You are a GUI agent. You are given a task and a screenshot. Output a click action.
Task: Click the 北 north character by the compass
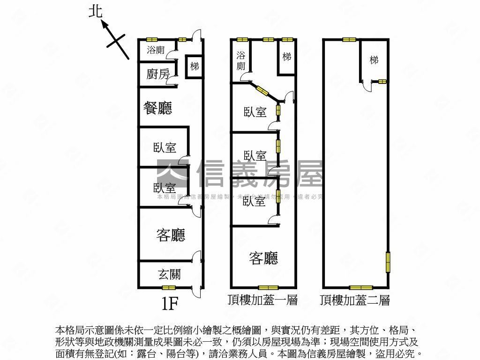coord(96,11)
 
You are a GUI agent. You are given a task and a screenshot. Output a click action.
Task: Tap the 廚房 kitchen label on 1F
coord(157,74)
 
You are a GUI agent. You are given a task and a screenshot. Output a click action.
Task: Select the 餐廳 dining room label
coord(157,108)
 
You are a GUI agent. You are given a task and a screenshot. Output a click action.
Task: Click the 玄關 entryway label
coord(169,274)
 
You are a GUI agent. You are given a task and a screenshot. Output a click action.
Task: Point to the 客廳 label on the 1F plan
coord(170,235)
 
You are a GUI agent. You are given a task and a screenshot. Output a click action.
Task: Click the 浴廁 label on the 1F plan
coord(156,50)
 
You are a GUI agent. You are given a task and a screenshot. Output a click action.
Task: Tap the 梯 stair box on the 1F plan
coord(194,67)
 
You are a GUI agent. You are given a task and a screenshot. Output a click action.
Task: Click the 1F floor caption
coord(170,304)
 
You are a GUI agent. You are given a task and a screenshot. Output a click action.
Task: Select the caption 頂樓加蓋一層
coord(262,300)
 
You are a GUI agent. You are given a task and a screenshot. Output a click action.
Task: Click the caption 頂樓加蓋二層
coord(355,300)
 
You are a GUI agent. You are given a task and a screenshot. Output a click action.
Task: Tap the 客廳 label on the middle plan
coord(263,258)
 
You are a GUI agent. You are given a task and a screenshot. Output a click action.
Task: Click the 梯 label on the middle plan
coord(287,57)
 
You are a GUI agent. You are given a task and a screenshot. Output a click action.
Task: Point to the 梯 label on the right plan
coord(374,60)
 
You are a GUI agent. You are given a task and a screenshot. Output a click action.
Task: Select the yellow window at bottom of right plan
coord(361,287)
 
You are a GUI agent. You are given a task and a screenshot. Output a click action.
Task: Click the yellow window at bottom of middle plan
coord(268,287)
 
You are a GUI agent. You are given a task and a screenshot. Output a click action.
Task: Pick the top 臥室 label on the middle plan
coord(255,112)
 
